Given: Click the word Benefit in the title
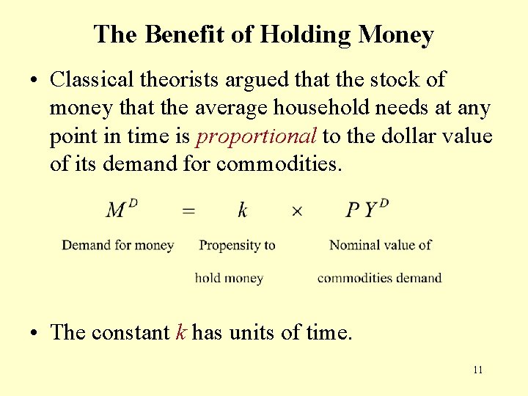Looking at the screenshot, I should click(174, 34).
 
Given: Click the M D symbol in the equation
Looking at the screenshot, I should click(122, 210).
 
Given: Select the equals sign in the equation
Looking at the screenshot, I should click(188, 211).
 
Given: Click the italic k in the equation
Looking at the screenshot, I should click(243, 210).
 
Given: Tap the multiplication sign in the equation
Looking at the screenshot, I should click(297, 211).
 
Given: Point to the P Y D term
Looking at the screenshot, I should click(367, 209).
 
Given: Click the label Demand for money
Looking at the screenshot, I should click(117, 245).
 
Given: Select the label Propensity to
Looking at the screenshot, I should click(237, 245).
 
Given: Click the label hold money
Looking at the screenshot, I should click(229, 278).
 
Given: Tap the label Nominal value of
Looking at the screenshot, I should click(380, 245).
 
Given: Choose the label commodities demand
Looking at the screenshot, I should click(379, 278).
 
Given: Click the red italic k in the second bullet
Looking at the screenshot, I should click(181, 332).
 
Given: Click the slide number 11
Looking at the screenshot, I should click(477, 370).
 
